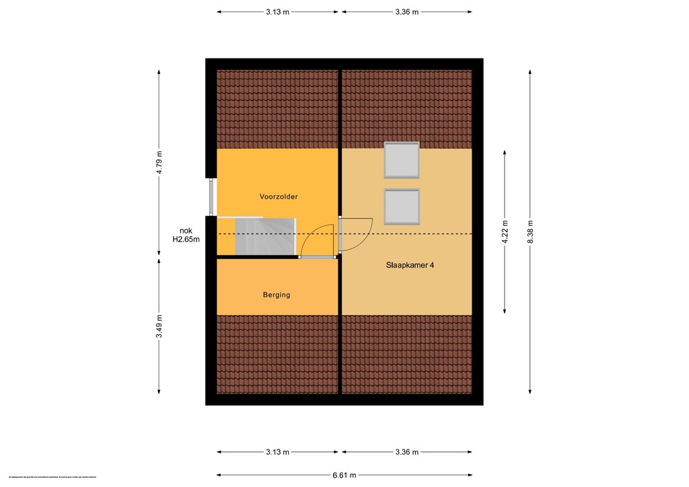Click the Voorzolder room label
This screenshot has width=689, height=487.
click(x=279, y=197)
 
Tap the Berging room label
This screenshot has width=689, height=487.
click(x=277, y=295)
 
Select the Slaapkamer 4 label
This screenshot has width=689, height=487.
click(x=410, y=265)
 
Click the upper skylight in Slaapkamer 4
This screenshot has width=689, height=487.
click(x=401, y=159)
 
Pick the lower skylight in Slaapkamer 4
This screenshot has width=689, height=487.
click(x=401, y=207)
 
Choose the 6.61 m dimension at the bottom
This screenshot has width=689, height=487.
click(x=344, y=475)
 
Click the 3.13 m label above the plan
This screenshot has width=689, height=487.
click(x=277, y=11)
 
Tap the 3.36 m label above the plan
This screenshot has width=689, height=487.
click(x=406, y=11)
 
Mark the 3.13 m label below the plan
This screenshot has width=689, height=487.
click(x=277, y=452)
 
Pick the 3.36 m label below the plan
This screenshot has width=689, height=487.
click(x=406, y=452)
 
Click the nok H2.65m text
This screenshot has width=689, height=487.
click(x=186, y=234)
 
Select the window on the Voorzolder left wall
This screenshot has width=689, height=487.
click(x=212, y=196)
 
